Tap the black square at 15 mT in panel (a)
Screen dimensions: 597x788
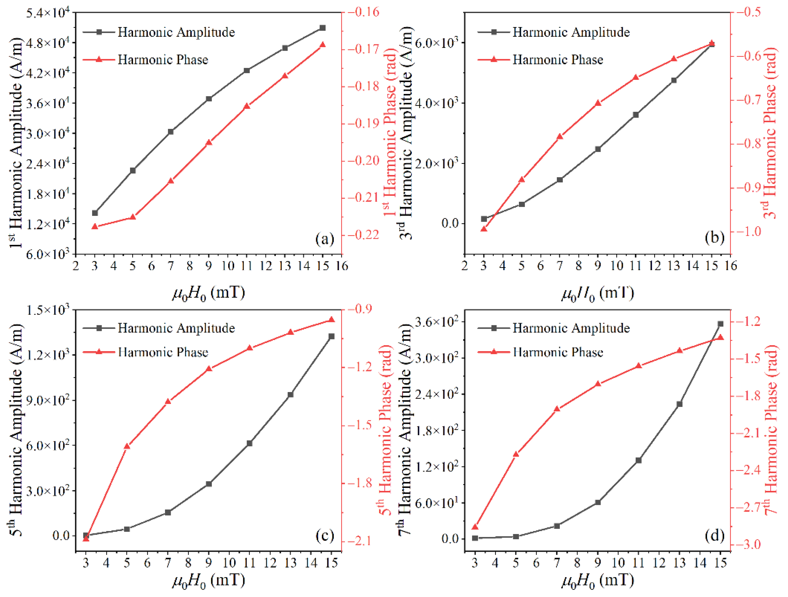[x=323, y=28]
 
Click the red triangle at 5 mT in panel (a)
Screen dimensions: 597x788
[x=132, y=217]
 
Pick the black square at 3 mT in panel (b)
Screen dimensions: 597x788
[x=484, y=219]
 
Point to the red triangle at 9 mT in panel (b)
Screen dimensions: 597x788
[x=598, y=103]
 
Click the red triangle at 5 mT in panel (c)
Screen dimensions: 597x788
[x=127, y=446]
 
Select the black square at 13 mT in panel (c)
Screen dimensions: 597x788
[x=290, y=395]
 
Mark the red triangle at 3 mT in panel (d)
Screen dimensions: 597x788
[x=475, y=527]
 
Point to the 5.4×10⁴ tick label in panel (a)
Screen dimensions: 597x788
[x=48, y=14]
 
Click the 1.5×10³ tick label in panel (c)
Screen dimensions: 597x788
[x=48, y=310]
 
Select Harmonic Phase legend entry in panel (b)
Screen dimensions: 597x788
[x=557, y=59]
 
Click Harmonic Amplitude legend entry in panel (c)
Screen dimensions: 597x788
[x=176, y=328]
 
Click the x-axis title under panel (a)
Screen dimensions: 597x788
[x=209, y=293]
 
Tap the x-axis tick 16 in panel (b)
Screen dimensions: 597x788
[x=731, y=266]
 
